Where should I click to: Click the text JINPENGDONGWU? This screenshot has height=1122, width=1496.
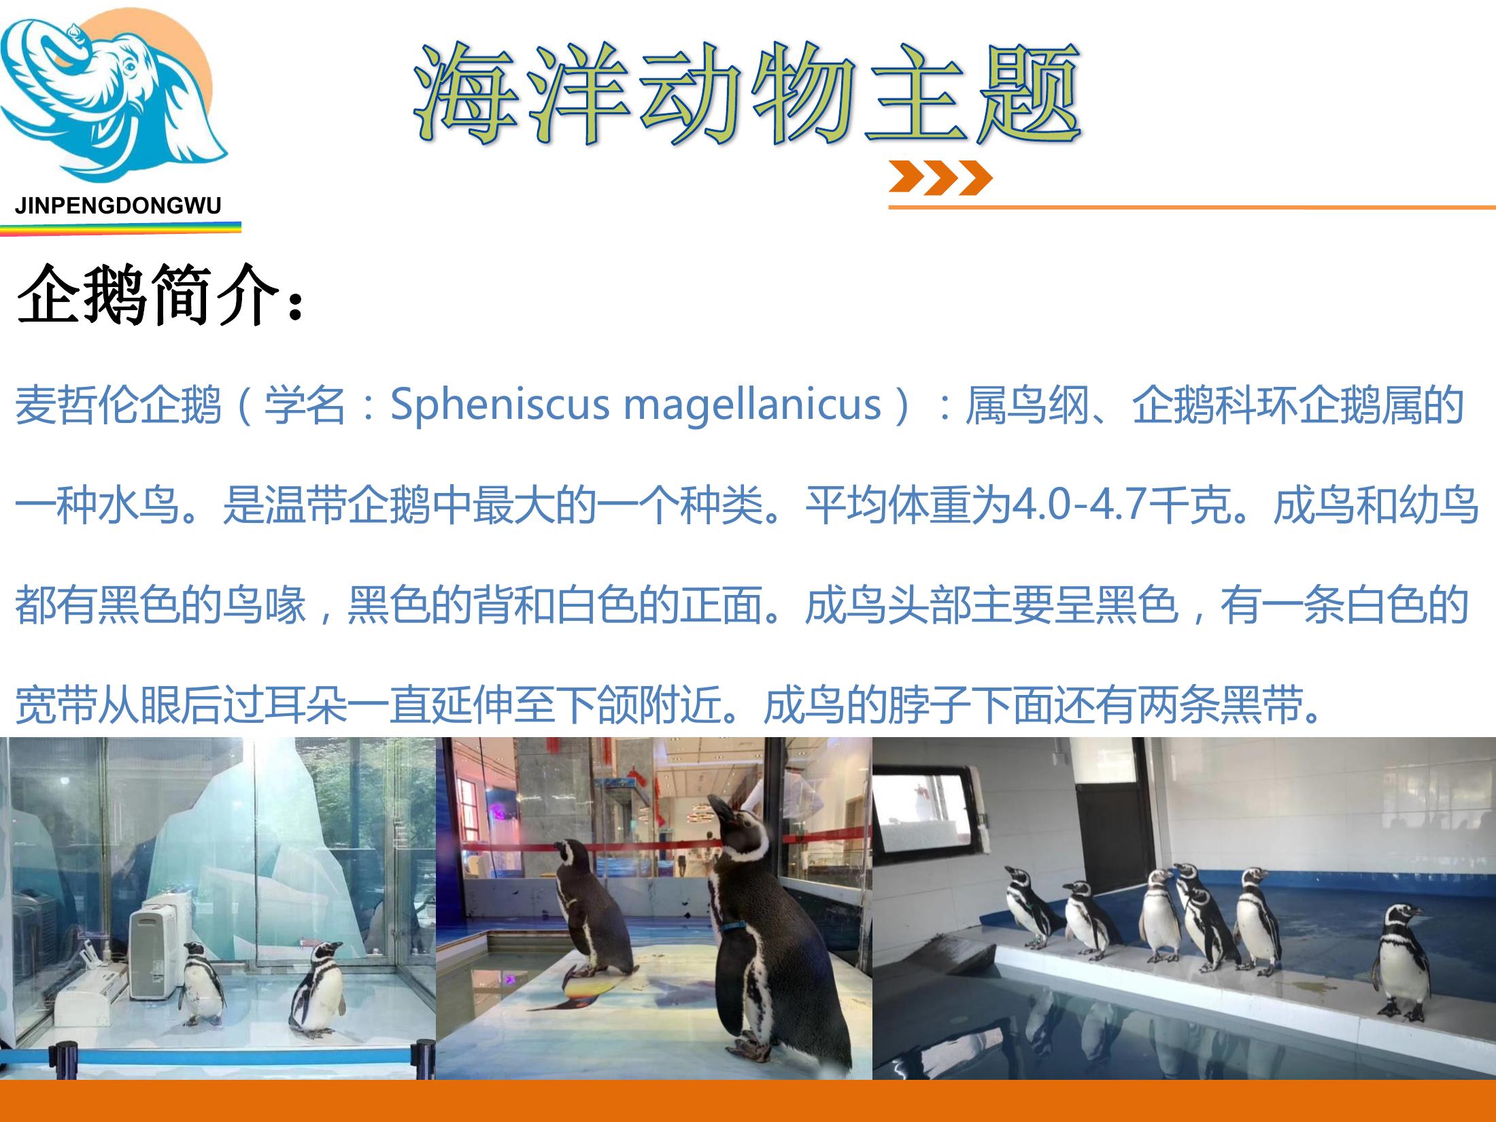tap(118, 206)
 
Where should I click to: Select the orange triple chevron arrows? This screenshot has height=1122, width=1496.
tap(940, 177)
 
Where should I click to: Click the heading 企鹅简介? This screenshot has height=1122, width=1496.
tap(160, 295)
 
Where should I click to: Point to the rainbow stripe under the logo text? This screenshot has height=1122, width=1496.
tap(120, 228)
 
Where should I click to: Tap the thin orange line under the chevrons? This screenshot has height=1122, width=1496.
tap(1192, 207)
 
